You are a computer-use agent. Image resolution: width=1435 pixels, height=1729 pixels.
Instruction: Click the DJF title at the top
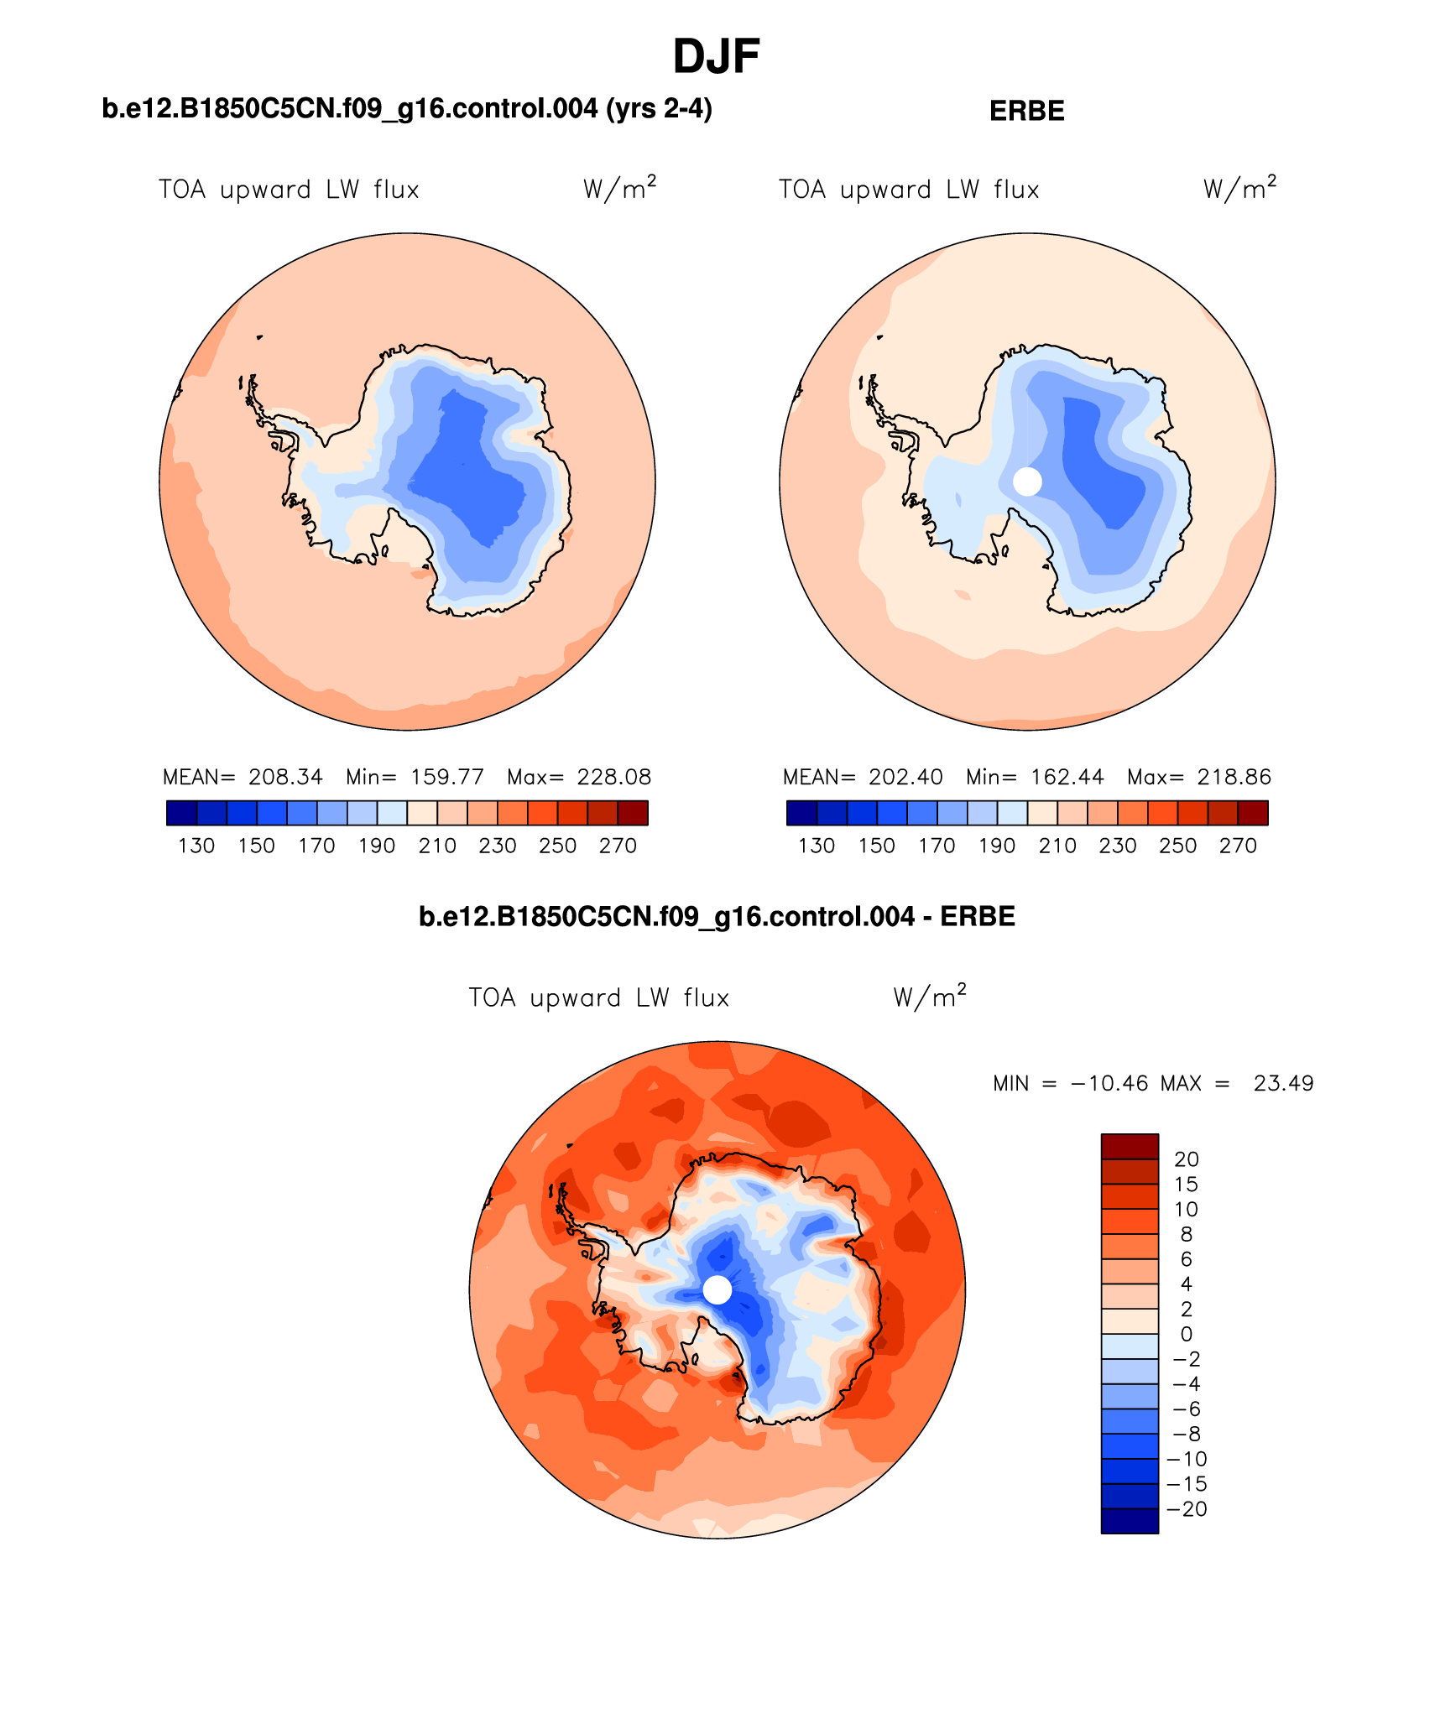716,57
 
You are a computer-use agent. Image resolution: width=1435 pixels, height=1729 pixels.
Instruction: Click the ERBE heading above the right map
1026,112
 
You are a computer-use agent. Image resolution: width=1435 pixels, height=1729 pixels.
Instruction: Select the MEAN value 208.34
285,777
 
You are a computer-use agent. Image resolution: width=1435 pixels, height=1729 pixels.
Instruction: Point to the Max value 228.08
614,777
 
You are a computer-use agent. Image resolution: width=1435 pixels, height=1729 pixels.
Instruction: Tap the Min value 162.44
1067,777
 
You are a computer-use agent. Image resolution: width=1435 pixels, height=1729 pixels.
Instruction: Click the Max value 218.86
1234,777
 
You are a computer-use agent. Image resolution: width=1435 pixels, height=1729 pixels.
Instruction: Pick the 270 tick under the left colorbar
618,846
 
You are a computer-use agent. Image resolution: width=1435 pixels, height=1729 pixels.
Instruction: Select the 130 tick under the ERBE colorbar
817,846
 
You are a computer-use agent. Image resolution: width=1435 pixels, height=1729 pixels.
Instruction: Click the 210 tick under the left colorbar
437,846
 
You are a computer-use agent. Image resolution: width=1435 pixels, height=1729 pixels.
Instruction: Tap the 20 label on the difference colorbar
1187,1159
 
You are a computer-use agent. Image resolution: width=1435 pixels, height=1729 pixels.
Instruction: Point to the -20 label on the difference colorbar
1187,1509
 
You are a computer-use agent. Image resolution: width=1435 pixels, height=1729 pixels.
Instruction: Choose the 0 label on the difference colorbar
1187,1335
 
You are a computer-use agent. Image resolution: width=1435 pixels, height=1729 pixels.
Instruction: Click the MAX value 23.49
1283,1084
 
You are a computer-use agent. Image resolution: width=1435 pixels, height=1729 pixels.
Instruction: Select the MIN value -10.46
1109,1084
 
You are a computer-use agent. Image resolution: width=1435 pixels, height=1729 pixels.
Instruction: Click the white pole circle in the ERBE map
1027,482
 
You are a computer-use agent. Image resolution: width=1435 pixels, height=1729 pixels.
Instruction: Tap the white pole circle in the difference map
717,1289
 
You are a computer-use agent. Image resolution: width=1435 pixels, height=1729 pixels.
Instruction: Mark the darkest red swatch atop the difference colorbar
1130,1147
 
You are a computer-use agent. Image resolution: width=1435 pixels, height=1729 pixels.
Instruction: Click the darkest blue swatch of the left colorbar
181,813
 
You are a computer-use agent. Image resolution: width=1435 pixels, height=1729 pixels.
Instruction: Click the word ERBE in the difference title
978,917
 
